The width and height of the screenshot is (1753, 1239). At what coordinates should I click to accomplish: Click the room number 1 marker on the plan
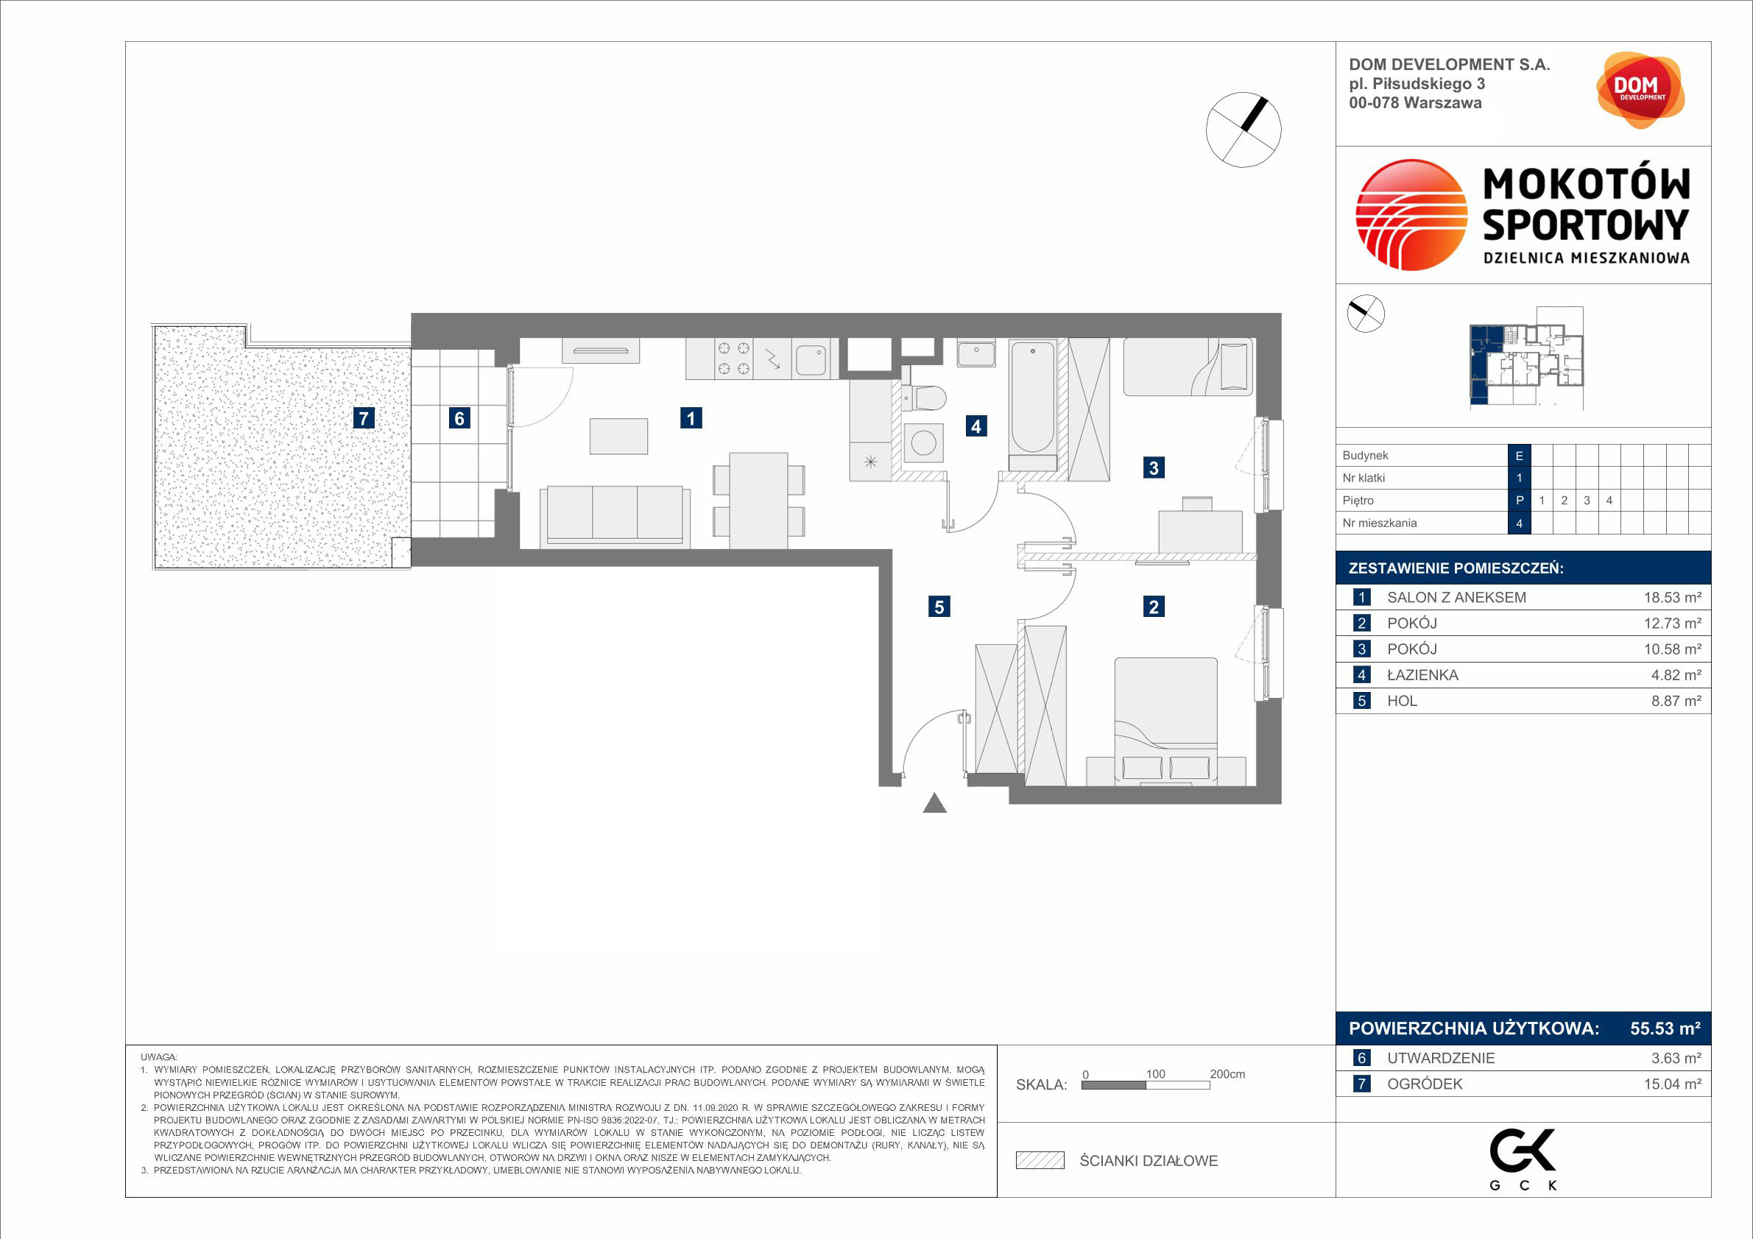pyautogui.click(x=691, y=417)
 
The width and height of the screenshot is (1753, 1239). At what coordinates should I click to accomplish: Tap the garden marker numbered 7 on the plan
pyautogui.click(x=364, y=417)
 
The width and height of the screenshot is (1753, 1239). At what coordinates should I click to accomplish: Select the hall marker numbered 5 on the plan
pyautogui.click(x=939, y=606)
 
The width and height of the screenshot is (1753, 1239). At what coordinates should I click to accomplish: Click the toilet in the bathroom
pyautogui.click(x=924, y=398)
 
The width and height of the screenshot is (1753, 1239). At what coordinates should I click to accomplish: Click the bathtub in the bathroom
pyautogui.click(x=1032, y=398)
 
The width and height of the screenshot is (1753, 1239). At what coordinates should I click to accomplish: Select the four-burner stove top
pyautogui.click(x=733, y=359)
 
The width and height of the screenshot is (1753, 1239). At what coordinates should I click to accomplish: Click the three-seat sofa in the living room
pyautogui.click(x=615, y=517)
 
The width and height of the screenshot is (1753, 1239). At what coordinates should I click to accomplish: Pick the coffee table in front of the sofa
pyautogui.click(x=618, y=436)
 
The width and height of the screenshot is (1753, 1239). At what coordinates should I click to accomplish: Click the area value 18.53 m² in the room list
pyautogui.click(x=1672, y=597)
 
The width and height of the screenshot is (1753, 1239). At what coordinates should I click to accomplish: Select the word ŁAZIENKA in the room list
pyautogui.click(x=1422, y=675)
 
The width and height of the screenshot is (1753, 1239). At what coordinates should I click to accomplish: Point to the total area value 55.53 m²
pyautogui.click(x=1665, y=1028)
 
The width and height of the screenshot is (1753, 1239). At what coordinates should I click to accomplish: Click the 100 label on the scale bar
pyautogui.click(x=1155, y=1073)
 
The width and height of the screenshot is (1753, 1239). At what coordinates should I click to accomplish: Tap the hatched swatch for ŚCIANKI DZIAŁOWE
pyautogui.click(x=1040, y=1160)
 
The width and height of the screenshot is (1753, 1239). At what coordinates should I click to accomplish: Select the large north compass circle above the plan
pyautogui.click(x=1244, y=130)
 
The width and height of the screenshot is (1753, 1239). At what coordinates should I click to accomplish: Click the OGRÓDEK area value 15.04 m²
pyautogui.click(x=1672, y=1084)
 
